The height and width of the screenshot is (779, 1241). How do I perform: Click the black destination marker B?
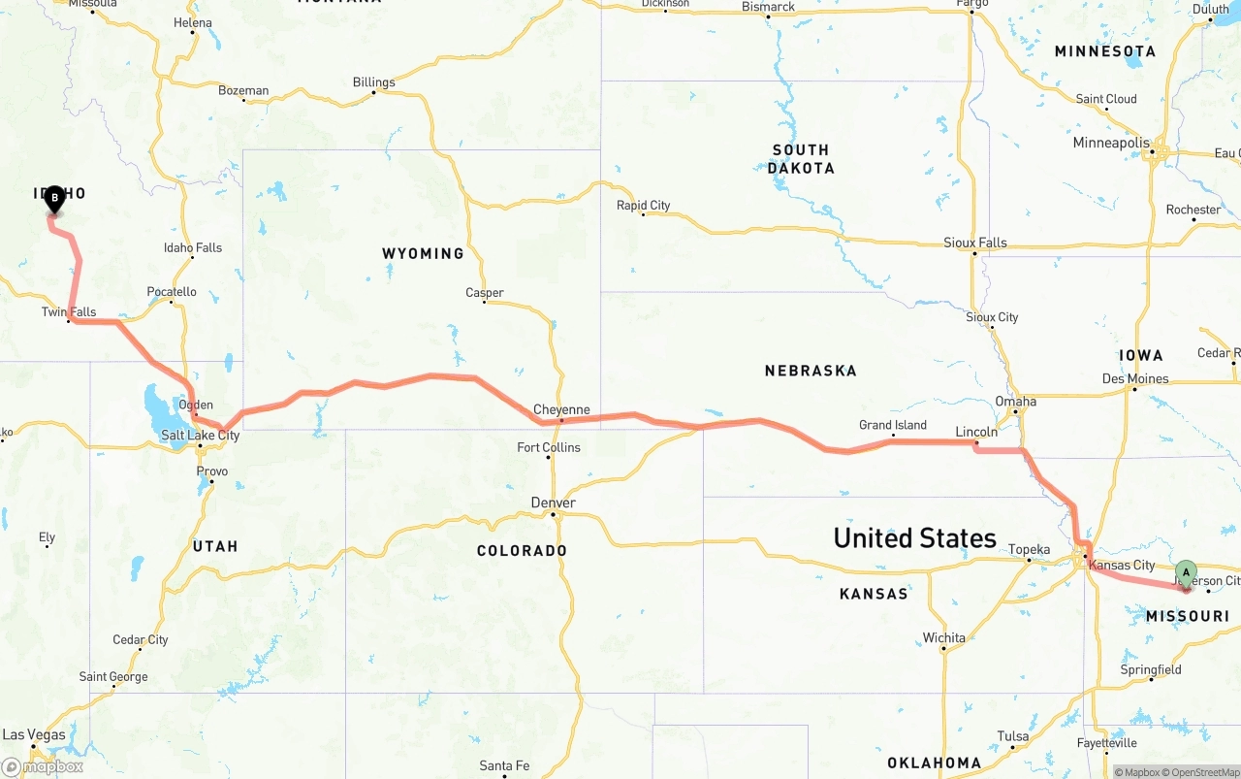click(55, 199)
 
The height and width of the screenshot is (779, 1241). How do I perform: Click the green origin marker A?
click(1186, 572)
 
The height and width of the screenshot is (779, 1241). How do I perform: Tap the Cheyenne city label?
click(561, 409)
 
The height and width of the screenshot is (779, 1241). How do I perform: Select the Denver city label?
click(553, 503)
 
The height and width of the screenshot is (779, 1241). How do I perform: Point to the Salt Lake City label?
click(200, 436)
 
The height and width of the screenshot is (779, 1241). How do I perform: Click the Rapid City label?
click(643, 205)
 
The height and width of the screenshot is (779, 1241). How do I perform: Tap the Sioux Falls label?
click(975, 243)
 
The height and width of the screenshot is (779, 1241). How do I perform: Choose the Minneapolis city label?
click(1111, 143)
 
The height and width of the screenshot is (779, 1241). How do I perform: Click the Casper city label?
click(484, 292)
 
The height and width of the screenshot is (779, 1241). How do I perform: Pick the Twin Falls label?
click(69, 311)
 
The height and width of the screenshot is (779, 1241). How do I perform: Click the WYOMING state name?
click(423, 253)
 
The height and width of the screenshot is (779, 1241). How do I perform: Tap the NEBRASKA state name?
click(811, 370)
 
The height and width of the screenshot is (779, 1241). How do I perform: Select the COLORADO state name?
click(522, 550)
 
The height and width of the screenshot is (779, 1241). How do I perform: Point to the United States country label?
click(914, 537)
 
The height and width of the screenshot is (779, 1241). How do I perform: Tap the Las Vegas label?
click(34, 734)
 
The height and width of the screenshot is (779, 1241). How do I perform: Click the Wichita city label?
click(943, 637)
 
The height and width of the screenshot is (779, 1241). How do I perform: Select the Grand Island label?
click(893, 425)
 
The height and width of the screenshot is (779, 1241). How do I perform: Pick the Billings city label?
click(373, 82)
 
